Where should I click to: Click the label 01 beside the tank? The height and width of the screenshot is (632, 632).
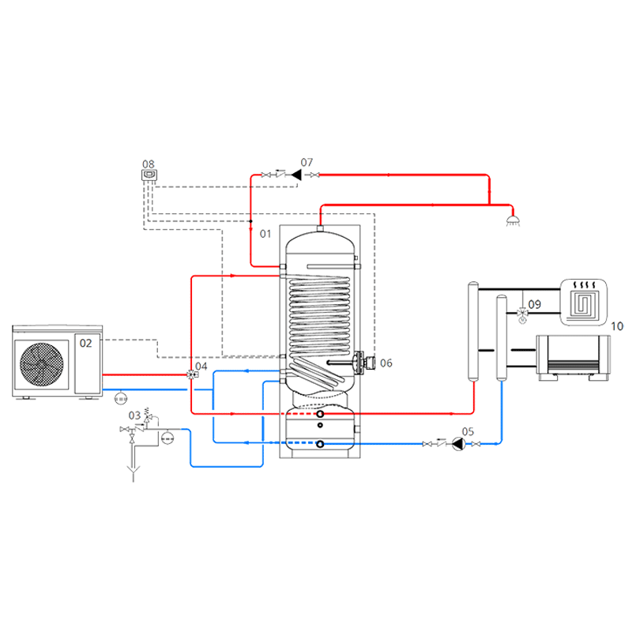click(265, 234)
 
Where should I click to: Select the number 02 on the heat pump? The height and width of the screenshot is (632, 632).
click(85, 344)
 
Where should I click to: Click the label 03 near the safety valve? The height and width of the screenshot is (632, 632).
click(134, 414)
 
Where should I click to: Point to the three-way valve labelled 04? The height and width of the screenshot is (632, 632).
click(192, 375)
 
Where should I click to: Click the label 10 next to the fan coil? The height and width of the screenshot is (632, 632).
click(617, 325)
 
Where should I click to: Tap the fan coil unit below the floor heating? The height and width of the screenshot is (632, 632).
click(575, 357)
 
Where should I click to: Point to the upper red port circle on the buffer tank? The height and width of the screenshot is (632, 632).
click(320, 413)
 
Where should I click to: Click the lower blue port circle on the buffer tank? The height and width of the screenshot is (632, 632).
click(320, 444)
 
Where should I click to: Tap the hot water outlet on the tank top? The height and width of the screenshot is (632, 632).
click(321, 228)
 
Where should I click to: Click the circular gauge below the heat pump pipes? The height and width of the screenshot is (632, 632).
click(120, 397)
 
